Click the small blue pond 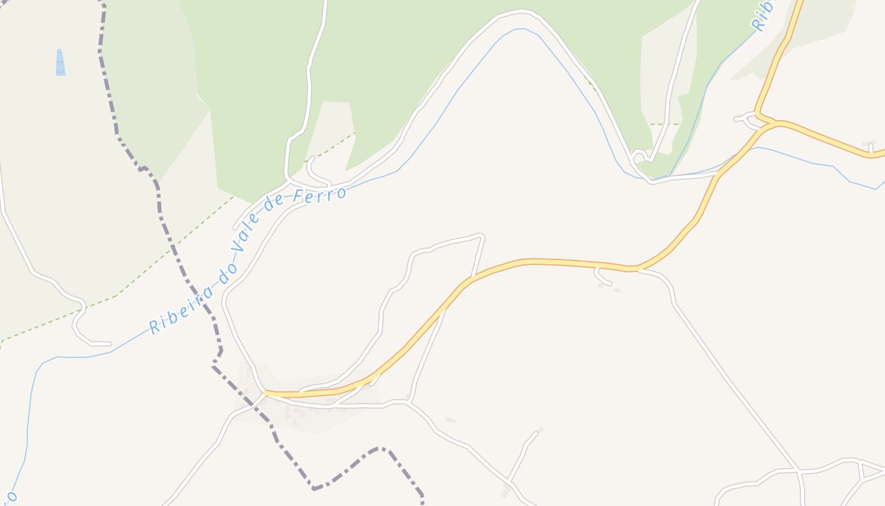click(60, 63)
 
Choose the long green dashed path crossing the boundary click(158, 266)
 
